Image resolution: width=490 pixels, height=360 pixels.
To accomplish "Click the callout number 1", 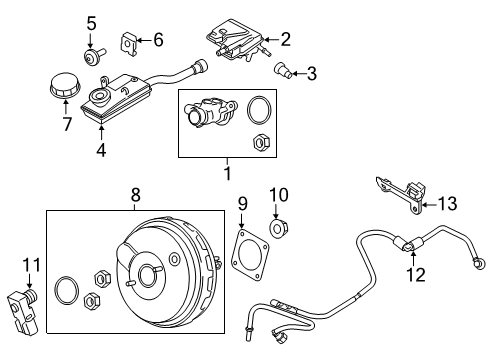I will [228, 174].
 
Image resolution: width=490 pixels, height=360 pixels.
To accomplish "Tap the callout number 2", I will [285, 40].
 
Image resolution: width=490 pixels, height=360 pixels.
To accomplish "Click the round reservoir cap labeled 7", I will [63, 88].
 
